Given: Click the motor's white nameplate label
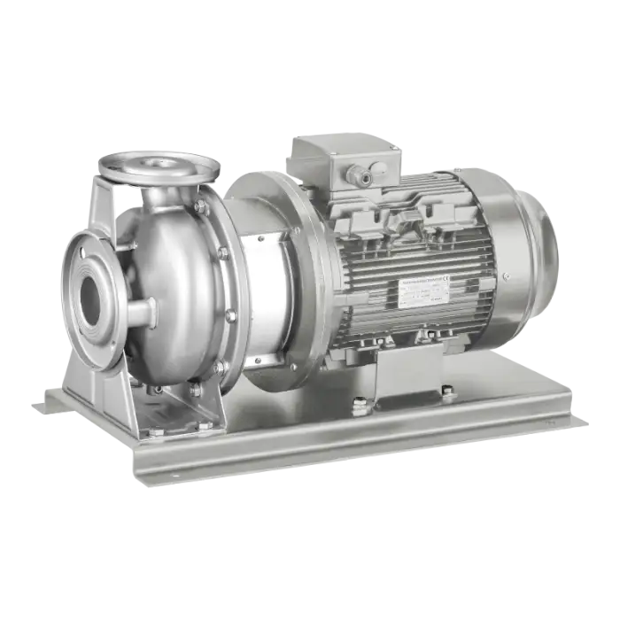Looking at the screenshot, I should pos(419,289).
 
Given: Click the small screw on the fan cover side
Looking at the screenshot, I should pos(506,276).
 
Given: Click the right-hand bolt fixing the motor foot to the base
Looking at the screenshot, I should pos(448,393).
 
